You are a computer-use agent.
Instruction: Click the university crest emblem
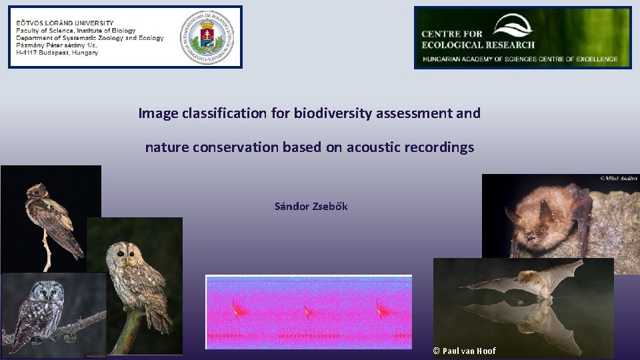(x=210, y=37)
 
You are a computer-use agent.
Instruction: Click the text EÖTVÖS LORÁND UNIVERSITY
(x=65, y=23)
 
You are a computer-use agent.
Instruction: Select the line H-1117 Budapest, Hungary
(x=57, y=53)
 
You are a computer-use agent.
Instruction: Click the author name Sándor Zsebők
(x=311, y=206)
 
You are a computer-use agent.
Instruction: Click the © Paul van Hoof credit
(x=464, y=351)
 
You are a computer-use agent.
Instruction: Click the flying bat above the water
(x=527, y=280)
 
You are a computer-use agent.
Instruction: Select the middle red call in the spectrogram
(x=307, y=309)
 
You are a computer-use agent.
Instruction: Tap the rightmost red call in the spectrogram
(x=380, y=309)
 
